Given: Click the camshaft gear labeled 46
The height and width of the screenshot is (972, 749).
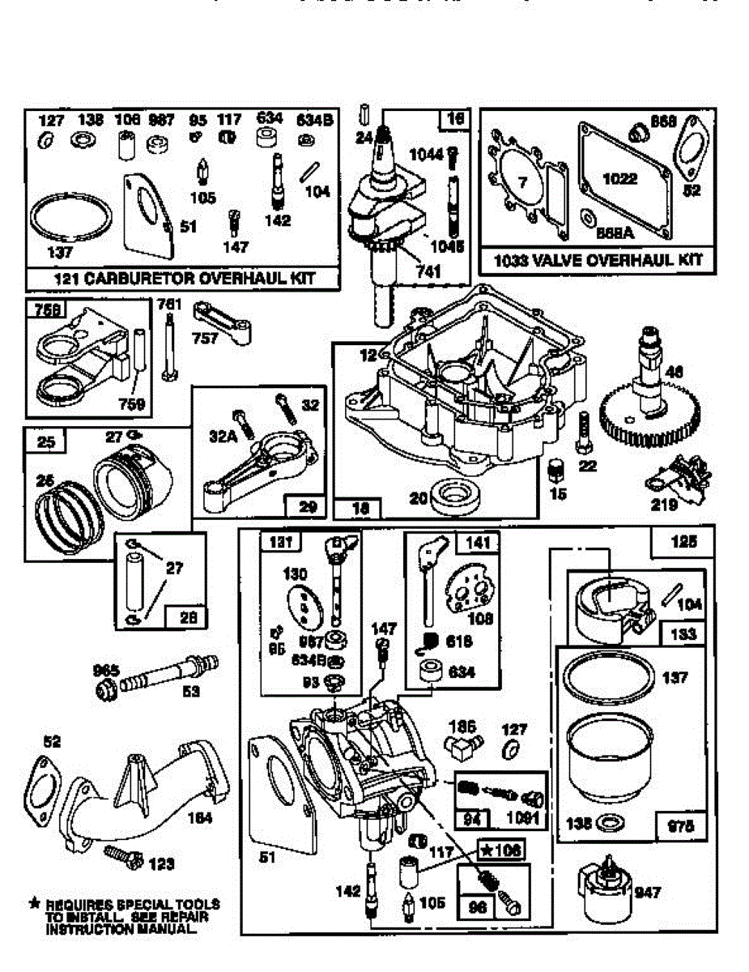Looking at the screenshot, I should tap(647, 413).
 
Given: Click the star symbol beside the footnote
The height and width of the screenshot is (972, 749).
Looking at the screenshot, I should tap(34, 902).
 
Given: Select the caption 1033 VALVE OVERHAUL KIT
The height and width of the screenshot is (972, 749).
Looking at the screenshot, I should tap(598, 260).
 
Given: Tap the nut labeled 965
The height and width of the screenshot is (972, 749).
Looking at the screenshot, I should tap(105, 690).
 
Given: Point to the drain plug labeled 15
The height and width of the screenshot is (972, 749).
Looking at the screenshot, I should tap(555, 470).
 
